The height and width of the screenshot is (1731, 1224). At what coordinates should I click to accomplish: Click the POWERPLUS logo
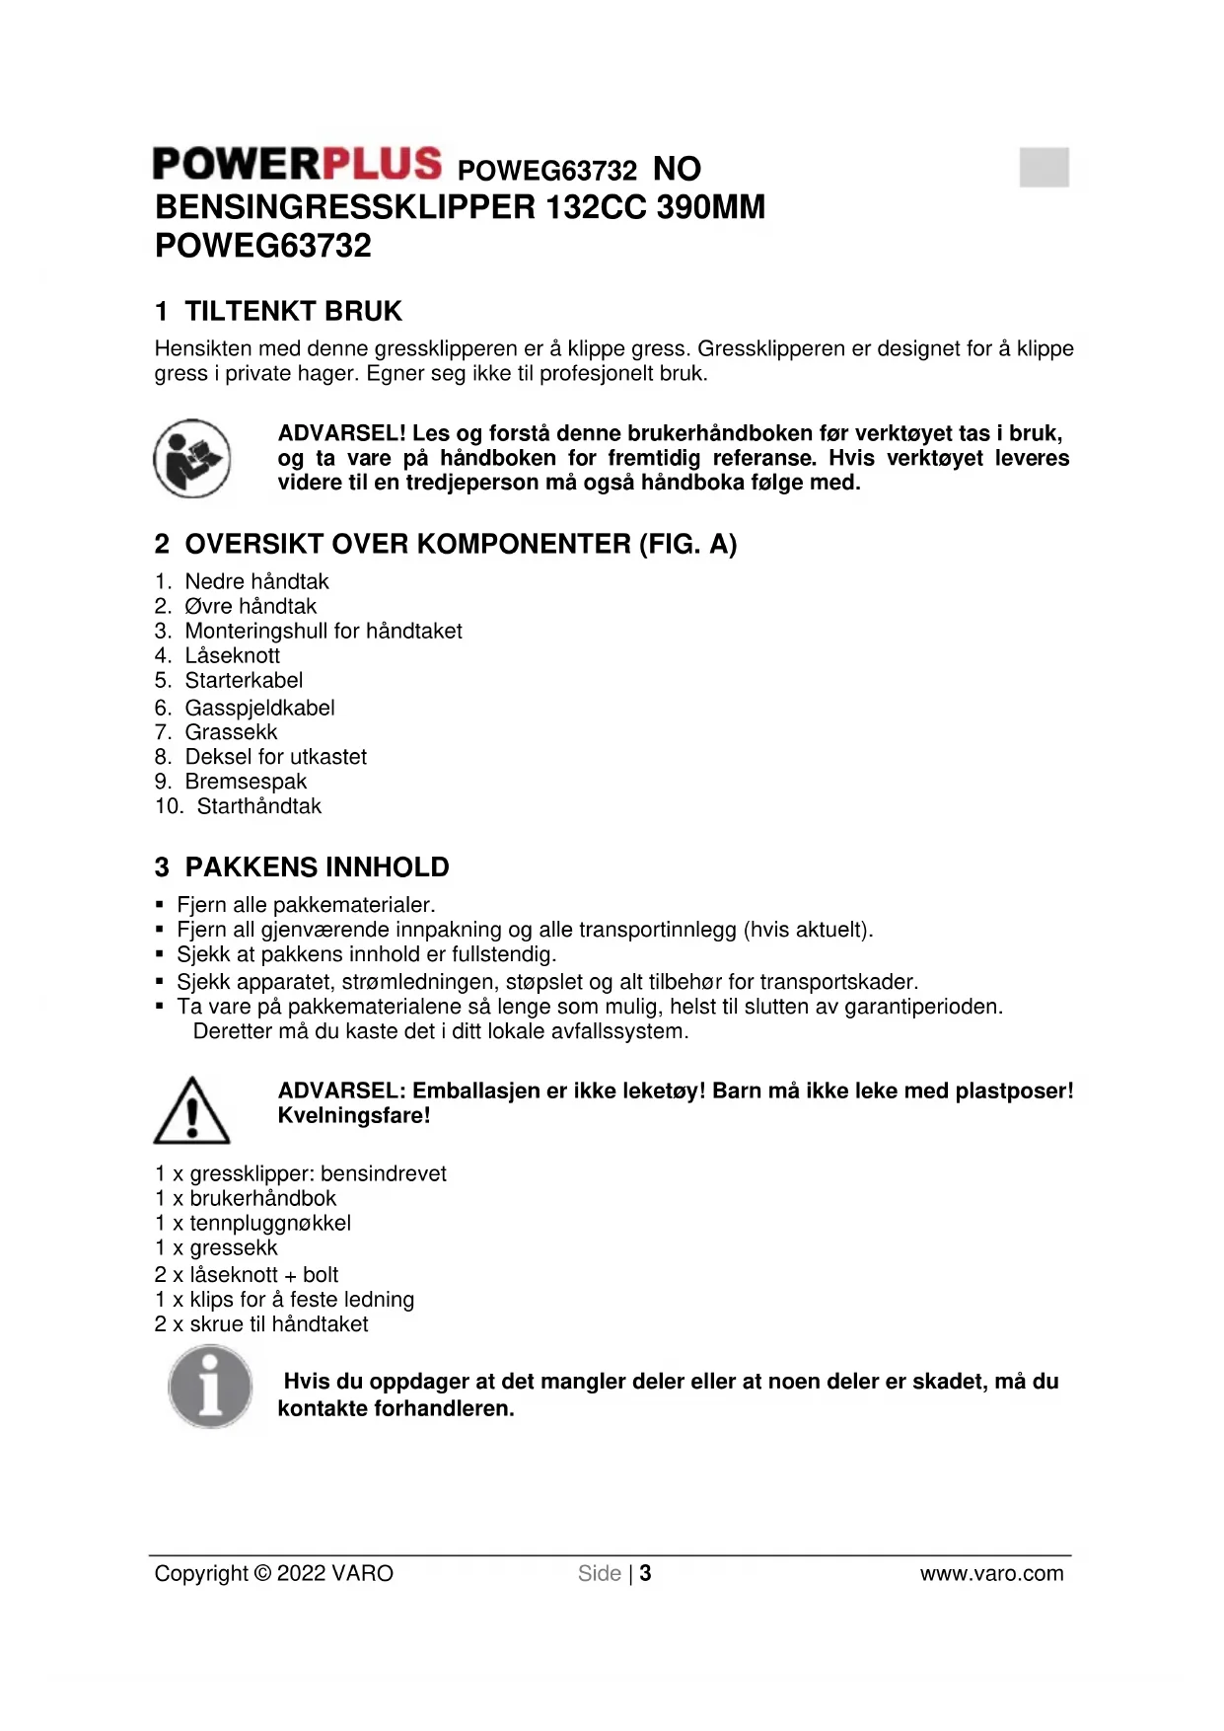[x=297, y=164]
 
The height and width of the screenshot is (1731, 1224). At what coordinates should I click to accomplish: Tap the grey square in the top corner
[x=1044, y=167]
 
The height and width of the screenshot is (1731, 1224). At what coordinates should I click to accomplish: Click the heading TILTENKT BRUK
[x=293, y=312]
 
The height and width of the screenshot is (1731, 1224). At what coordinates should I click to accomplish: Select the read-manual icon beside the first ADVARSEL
[x=192, y=458]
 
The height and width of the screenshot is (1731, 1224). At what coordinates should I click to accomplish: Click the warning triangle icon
[x=192, y=1111]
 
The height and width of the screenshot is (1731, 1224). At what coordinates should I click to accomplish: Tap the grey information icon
[x=209, y=1388]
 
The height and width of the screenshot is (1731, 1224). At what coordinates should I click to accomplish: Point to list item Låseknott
[x=232, y=656]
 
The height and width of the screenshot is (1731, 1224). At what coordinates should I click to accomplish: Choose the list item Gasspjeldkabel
[x=259, y=708]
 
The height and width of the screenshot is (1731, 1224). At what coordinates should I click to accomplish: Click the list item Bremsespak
[x=246, y=782]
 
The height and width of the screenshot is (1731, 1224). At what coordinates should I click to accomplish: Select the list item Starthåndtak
[x=258, y=806]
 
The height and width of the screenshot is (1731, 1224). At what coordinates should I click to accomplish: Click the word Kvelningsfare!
[x=354, y=1116]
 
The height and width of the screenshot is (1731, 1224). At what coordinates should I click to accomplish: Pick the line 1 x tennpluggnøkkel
[x=252, y=1224]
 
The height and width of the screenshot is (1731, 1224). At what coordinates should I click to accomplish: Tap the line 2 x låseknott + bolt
[x=247, y=1275]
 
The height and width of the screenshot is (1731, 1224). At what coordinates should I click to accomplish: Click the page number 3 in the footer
[x=645, y=1573]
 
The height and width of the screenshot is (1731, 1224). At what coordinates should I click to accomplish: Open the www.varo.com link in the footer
[x=991, y=1573]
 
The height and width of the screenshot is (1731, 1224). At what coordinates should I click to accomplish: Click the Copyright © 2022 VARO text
[x=273, y=1573]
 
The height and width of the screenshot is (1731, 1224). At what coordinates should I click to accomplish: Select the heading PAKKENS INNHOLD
[x=317, y=867]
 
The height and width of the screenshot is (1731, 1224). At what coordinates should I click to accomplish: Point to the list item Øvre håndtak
[x=251, y=607]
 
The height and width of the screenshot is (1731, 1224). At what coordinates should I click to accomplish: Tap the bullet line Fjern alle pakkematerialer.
[x=306, y=905]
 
